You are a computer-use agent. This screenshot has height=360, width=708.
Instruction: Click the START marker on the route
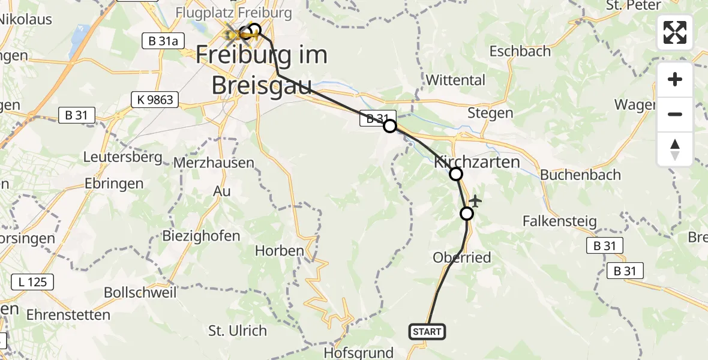(427, 332)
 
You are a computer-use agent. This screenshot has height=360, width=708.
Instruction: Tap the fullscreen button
(675, 32)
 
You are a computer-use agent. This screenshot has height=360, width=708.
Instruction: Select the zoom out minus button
(675, 114)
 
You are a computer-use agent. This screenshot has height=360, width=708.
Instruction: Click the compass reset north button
(675, 149)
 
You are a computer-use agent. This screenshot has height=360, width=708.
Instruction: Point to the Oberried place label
(462, 257)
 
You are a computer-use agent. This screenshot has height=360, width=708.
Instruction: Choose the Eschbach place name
(520, 51)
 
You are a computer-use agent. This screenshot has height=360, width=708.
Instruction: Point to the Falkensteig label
(560, 221)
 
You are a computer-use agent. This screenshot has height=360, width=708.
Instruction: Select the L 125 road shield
(32, 281)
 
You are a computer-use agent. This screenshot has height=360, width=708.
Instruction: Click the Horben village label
(280, 251)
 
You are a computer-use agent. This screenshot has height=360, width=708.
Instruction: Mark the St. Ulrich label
(237, 331)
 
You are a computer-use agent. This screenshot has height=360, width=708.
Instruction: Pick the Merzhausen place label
(214, 163)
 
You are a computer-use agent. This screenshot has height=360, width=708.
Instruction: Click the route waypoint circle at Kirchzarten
(456, 174)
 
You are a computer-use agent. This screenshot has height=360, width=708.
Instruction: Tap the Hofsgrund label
(358, 353)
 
